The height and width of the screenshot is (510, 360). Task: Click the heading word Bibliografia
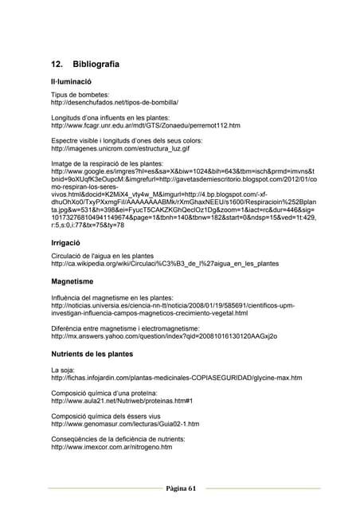point(96,64)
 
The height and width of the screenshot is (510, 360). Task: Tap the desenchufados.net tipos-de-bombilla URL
point(115,102)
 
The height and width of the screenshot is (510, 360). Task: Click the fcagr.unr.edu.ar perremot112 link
point(146,125)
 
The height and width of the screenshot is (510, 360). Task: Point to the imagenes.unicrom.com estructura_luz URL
point(120,148)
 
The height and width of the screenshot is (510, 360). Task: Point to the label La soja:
point(64,370)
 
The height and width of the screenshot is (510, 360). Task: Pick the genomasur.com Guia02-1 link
point(125,424)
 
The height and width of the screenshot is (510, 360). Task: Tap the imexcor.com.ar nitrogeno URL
point(112,447)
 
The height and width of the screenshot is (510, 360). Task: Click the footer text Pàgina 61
point(180,488)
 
